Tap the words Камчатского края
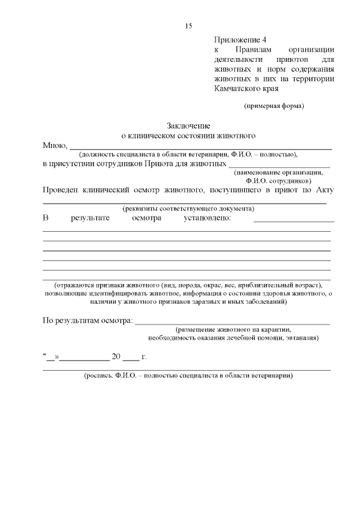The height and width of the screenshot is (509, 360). pos(246,88)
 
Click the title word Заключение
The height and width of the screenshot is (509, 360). pos(188,126)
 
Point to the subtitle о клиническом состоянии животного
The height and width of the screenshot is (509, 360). pos(188,136)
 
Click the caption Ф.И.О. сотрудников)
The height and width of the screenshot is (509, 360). pos(278,182)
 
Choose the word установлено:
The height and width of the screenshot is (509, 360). pos(208,218)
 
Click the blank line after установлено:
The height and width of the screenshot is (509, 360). pos(294,220)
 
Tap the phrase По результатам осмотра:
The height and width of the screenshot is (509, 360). pos(88,321)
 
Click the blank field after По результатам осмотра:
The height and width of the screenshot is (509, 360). pos(232,323)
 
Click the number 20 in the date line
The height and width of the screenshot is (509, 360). pos(116,357)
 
